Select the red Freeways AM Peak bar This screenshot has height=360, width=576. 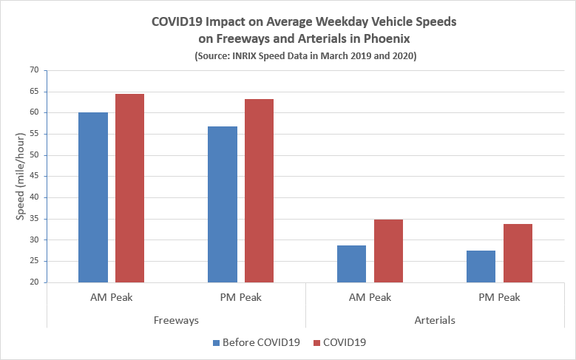tap(129, 188)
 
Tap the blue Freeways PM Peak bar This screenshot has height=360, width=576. tap(223, 204)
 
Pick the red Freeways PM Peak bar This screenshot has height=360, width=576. tap(259, 191)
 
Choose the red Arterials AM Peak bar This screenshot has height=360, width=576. tap(388, 251)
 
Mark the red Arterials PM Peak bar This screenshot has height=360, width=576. tap(518, 253)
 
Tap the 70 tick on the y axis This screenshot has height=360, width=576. tap(33, 70)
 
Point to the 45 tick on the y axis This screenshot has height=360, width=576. tap(33, 177)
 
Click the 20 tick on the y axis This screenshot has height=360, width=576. tap(33, 282)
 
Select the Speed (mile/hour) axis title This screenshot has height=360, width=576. tap(21, 177)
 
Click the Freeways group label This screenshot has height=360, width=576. tap(176, 320)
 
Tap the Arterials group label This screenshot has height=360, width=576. tap(435, 320)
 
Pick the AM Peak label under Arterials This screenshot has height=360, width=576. tap(370, 298)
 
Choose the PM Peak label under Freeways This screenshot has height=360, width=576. tap(240, 298)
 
